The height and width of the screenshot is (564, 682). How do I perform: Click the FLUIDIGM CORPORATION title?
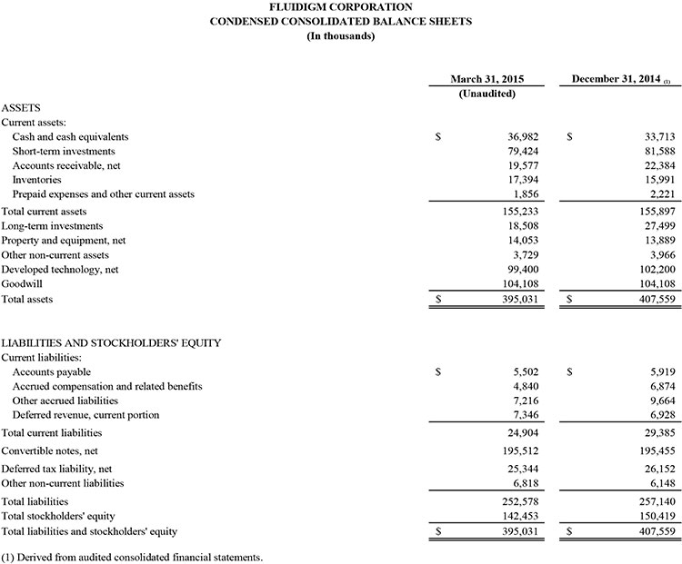tap(341, 7)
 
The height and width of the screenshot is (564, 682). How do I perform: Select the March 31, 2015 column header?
tap(486, 79)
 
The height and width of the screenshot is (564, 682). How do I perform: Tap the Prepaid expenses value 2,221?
tap(630, 194)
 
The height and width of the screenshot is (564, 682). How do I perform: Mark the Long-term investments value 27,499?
tap(627, 225)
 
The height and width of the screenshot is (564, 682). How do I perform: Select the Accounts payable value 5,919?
tap(630, 371)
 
